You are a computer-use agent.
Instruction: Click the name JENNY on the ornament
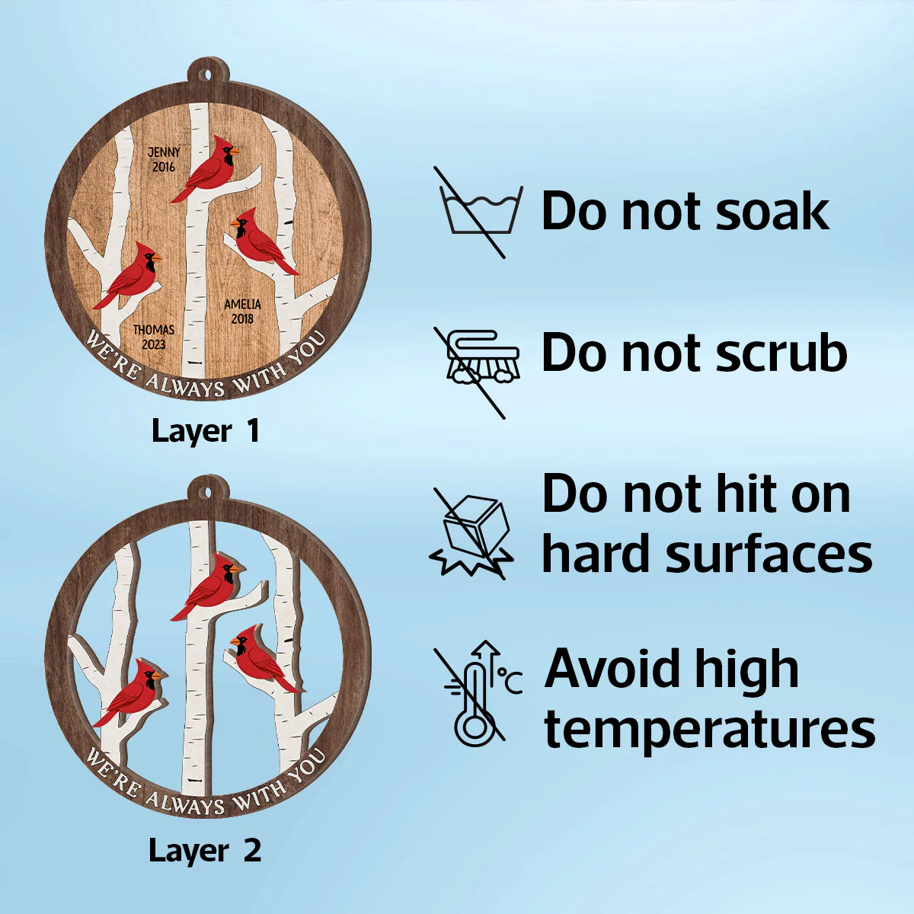tap(164, 152)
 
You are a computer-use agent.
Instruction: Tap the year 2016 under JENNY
tap(164, 167)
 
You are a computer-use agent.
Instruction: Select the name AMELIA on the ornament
tap(242, 305)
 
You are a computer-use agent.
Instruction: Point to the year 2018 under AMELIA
tap(242, 318)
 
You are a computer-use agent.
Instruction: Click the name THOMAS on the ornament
tap(154, 330)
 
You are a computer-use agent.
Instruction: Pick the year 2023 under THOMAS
tap(154, 344)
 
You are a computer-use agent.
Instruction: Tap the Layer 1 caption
tap(206, 431)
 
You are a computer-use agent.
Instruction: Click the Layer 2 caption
tap(205, 851)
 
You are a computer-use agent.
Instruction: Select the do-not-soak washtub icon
tap(479, 212)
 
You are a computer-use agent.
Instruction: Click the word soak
tap(772, 212)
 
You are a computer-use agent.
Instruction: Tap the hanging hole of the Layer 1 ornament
tap(208, 75)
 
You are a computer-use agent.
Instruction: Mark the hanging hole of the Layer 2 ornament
tap(208, 492)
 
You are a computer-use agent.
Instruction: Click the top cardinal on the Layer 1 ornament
tap(204, 169)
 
